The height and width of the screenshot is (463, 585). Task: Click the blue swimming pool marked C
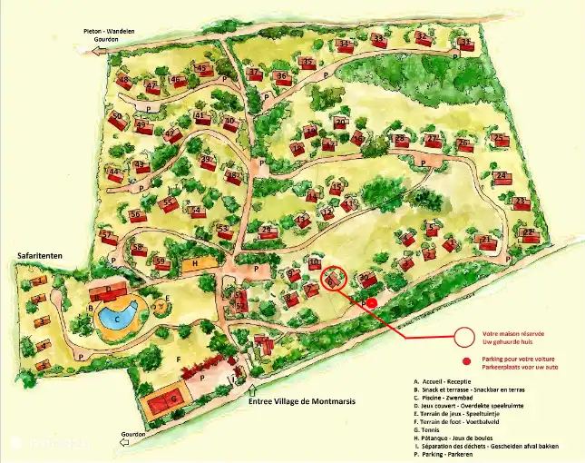(x=116, y=319)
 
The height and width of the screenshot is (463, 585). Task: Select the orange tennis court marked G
(x=164, y=400)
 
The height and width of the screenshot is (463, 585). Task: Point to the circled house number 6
(x=335, y=280)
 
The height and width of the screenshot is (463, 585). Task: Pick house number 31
(x=466, y=44)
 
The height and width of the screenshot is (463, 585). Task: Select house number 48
(x=125, y=82)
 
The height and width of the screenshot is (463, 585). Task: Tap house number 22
(x=529, y=234)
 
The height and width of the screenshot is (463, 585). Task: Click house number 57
(x=108, y=237)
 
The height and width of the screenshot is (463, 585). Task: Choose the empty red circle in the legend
(x=465, y=337)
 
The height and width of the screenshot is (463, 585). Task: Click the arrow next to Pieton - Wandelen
(x=97, y=52)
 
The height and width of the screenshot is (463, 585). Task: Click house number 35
(x=308, y=64)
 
